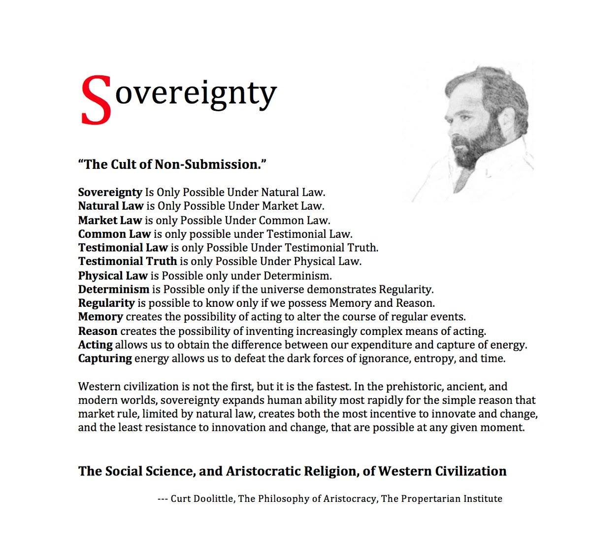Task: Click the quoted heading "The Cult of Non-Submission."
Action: coord(172,164)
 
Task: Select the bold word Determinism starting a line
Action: coord(113,289)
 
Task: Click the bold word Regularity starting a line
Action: coord(106,303)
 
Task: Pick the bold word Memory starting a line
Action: coord(100,317)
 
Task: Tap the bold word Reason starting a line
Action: coord(98,330)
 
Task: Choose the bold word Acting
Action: coord(95,344)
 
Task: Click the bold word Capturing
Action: coord(105,359)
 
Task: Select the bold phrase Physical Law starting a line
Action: coord(113,275)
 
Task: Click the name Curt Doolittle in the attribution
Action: coord(202,498)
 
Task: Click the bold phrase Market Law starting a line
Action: coord(110,220)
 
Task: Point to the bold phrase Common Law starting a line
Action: coord(114,233)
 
